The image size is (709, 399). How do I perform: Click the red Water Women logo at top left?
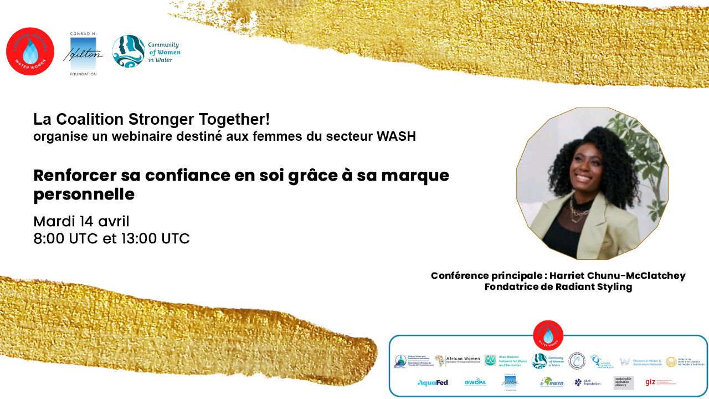click(30, 51)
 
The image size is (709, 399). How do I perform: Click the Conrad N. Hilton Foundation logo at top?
click(83, 53)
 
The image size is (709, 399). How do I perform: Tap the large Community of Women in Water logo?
click(146, 51)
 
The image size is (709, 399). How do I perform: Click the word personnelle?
click(84, 195)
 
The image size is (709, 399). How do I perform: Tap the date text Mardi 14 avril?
click(81, 222)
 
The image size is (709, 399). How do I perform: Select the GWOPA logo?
click(475, 382)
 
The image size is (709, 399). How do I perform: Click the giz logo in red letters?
click(651, 382)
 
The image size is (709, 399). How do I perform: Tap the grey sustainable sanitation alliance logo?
click(623, 382)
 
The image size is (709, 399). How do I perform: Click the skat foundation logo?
click(587, 382)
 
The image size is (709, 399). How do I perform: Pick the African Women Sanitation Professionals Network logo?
click(458, 361)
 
